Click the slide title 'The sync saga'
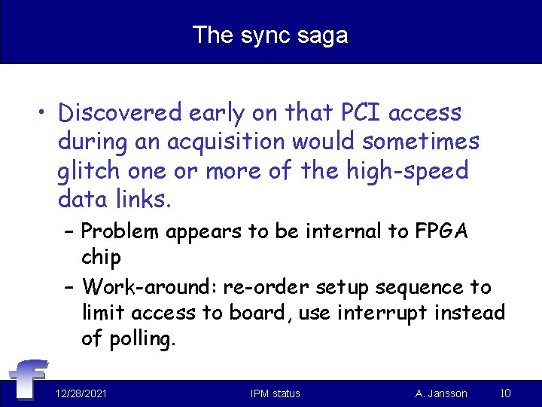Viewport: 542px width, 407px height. coord(270,35)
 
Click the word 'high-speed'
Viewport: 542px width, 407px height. coord(406,170)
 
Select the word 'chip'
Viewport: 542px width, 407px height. coord(101,257)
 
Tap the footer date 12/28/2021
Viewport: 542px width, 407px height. coord(81,393)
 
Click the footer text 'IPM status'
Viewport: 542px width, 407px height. coord(275,393)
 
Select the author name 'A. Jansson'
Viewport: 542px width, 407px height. coord(441,393)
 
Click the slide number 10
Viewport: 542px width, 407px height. coord(506,393)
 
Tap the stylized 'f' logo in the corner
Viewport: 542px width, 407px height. coord(28,379)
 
